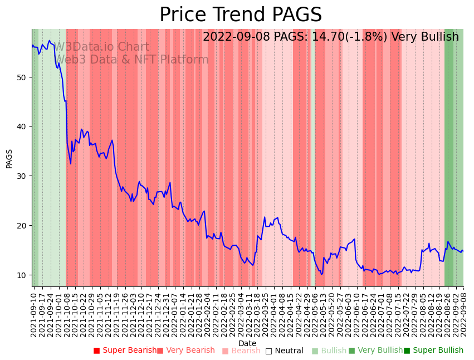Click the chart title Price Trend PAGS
pyautogui.click(x=241, y=15)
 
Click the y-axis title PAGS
pyautogui.click(x=9, y=158)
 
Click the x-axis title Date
pyautogui.click(x=247, y=343)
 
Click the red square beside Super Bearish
pyautogui.click(x=96, y=351)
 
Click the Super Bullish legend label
pyautogui.click(x=438, y=351)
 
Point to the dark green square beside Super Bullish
pyautogui.click(x=407, y=351)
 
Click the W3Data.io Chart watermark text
pyautogui.click(x=101, y=47)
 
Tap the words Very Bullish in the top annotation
pyautogui.click(x=425, y=37)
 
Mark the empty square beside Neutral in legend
pyautogui.click(x=268, y=351)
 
